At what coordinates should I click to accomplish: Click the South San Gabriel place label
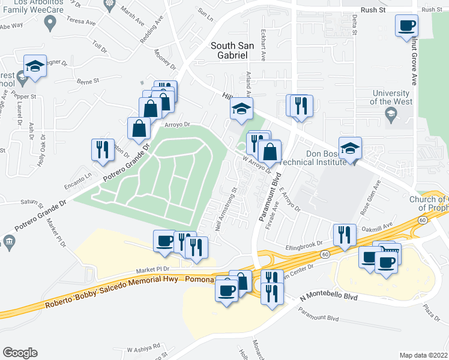[x=229, y=50]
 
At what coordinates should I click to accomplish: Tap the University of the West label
[x=391, y=97]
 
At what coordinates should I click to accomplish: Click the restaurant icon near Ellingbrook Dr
[x=344, y=235]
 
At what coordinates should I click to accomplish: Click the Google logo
[x=20, y=352]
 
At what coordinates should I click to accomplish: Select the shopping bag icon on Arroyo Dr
[x=139, y=128]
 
